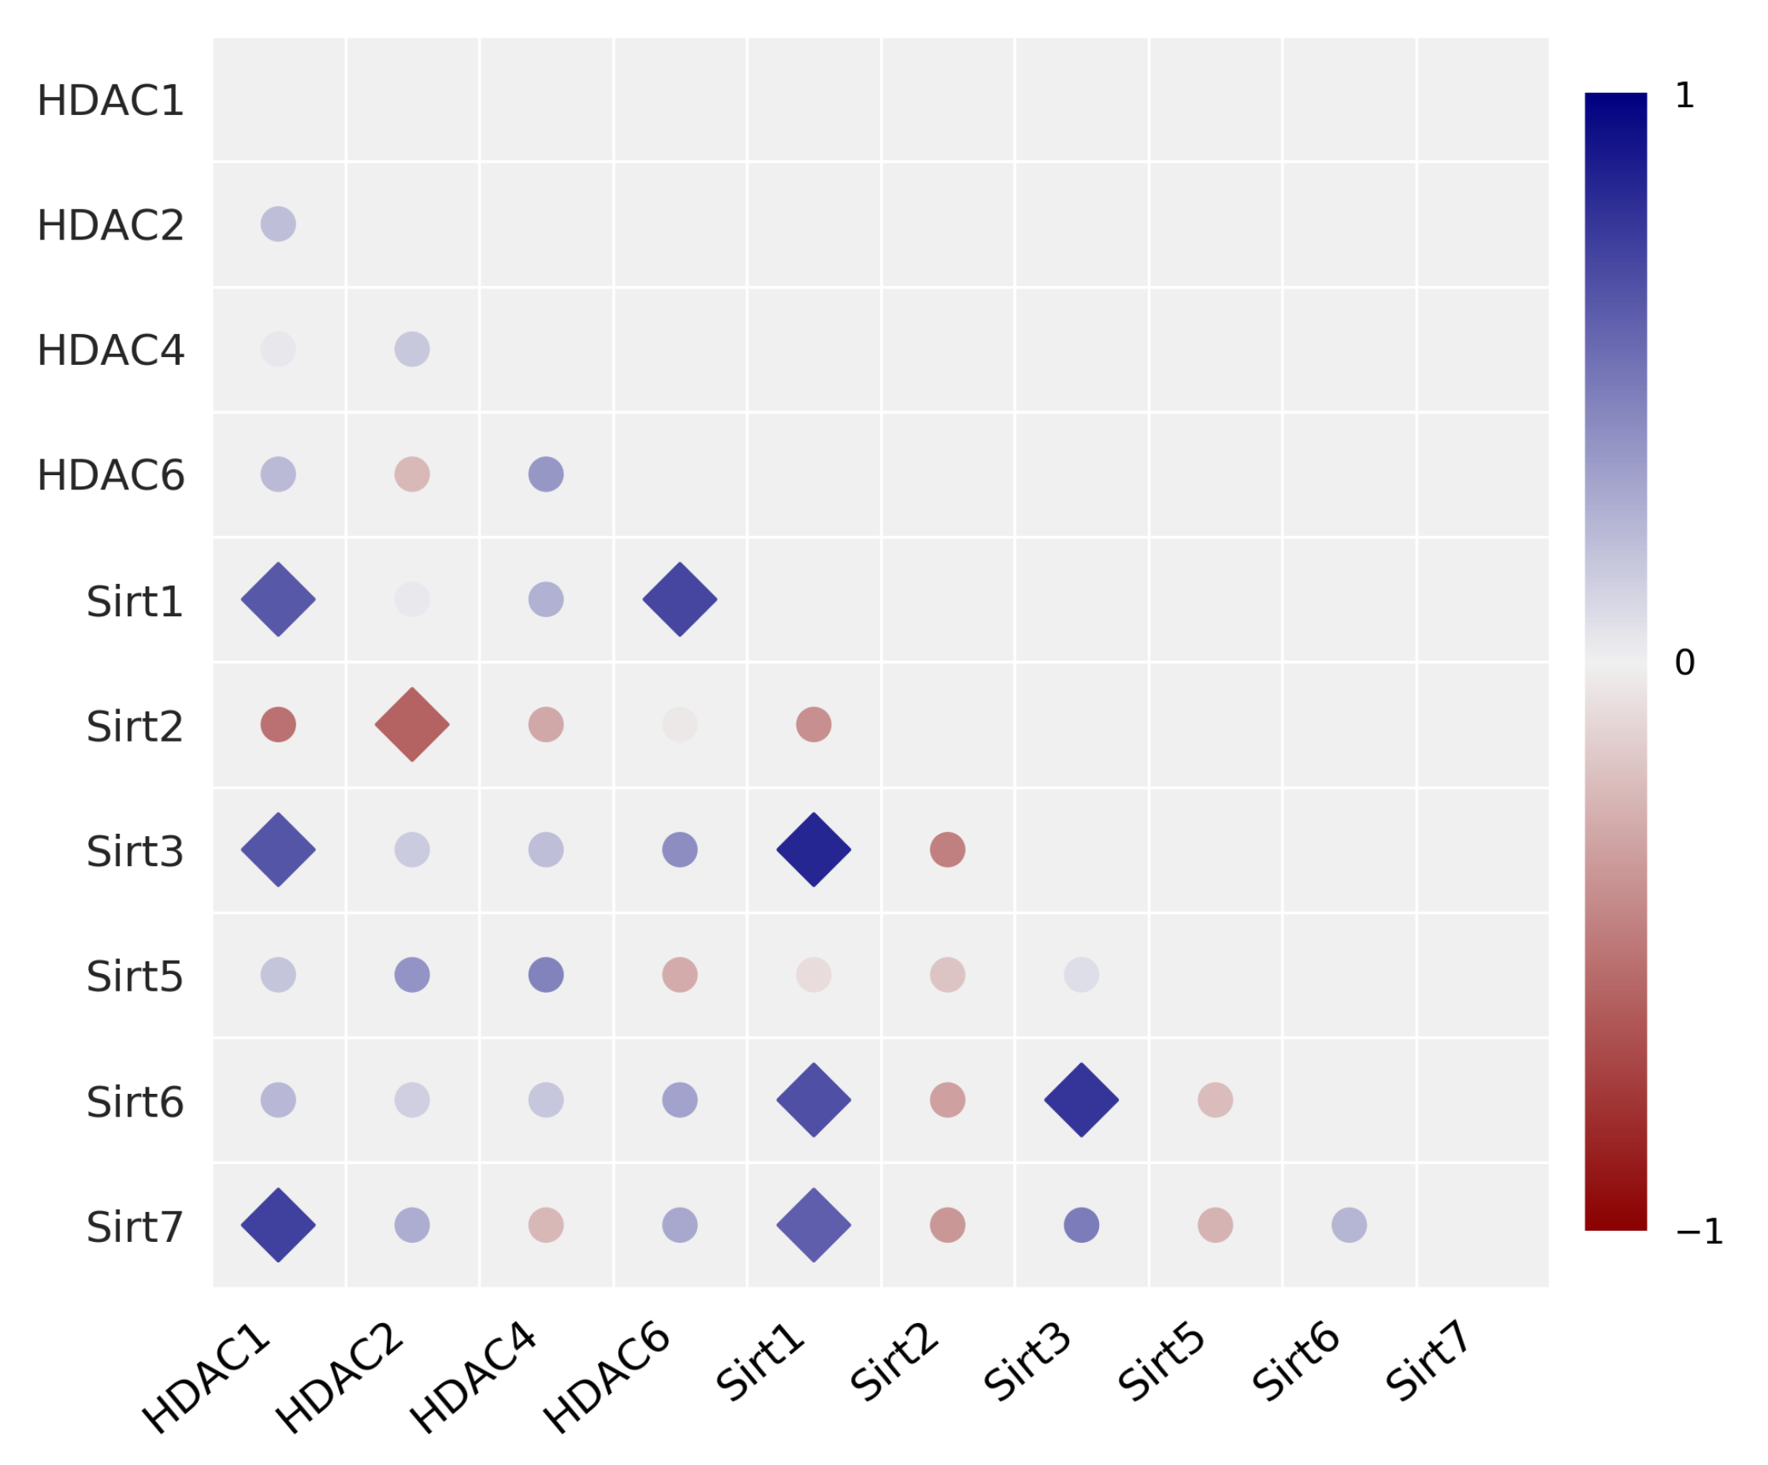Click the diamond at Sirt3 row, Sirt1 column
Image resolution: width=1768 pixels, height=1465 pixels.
813,850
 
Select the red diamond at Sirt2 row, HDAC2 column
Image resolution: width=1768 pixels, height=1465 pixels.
412,724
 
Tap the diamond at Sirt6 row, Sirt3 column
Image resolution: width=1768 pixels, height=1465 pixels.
1081,1099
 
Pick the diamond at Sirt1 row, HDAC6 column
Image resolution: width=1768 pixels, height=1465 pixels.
679,600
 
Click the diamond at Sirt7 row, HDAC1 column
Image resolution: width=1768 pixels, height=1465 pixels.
278,1225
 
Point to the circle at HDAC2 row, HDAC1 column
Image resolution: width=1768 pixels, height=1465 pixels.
278,224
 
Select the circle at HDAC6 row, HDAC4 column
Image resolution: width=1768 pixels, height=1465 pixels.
545,474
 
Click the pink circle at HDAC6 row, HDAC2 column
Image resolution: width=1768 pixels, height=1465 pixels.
412,474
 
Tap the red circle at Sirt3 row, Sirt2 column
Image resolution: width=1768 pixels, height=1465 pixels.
947,850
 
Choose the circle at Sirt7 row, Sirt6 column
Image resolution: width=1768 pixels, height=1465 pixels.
1349,1225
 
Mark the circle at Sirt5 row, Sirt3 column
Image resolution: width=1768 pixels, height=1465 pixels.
1081,975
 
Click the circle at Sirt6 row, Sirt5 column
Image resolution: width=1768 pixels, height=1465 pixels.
1215,1099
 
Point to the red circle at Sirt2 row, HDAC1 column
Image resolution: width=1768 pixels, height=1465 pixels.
278,724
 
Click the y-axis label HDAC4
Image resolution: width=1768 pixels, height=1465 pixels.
110,350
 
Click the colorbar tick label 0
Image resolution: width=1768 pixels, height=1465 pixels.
1684,663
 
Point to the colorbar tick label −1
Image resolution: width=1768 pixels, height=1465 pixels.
1699,1232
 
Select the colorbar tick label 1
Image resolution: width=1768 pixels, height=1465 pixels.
1684,95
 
